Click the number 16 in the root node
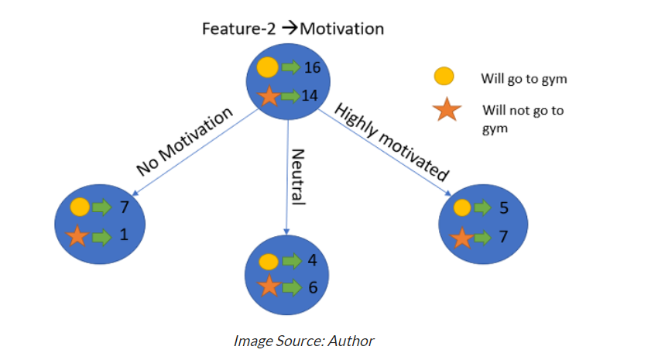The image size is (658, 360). point(313,68)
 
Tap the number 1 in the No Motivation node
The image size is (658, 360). point(124,236)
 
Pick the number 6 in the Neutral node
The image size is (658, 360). point(312,286)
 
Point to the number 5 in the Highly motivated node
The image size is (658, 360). point(504,207)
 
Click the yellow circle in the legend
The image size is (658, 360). point(444,77)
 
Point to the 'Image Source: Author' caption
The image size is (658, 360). point(304,340)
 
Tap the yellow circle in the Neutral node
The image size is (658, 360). point(268,262)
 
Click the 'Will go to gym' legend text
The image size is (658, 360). point(518,78)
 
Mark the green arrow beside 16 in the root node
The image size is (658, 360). point(290,68)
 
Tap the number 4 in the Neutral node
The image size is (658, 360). point(312,261)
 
